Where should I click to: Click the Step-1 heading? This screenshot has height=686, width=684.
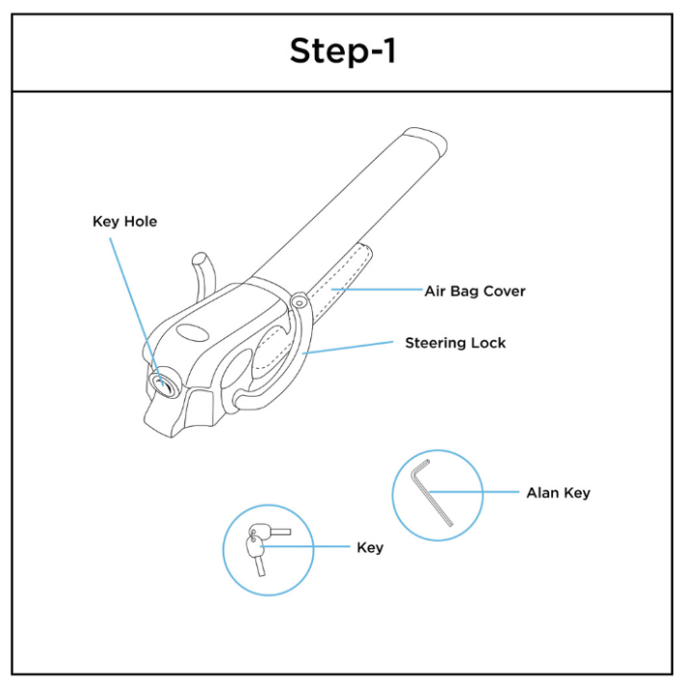point(342,52)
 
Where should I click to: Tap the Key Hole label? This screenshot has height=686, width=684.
point(124,222)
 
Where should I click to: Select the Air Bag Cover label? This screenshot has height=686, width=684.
point(475,290)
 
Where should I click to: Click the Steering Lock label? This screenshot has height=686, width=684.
point(455,342)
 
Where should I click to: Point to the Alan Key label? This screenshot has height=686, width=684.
point(558,492)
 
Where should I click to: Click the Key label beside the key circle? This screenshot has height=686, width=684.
point(370,547)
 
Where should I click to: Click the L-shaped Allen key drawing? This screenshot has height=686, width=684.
point(432,492)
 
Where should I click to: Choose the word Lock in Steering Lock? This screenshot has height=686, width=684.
point(487,342)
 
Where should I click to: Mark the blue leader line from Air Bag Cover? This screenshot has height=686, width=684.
point(376,288)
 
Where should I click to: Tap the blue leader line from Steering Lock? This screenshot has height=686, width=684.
point(347,348)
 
